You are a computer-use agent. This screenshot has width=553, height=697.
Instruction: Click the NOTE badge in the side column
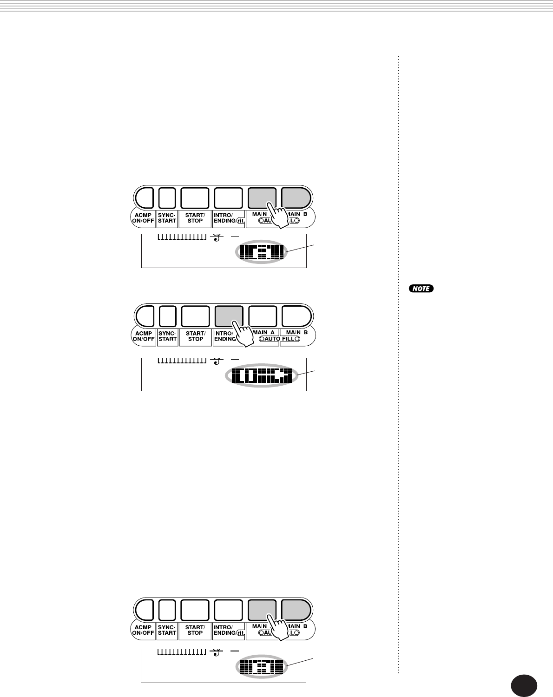[421, 289]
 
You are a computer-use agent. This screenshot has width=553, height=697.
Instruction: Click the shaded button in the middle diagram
[229, 316]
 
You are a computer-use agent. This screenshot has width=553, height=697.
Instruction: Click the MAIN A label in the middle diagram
[263, 332]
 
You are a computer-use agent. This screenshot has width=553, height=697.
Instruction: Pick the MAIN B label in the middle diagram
[296, 332]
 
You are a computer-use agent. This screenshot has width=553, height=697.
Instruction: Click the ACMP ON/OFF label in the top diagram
[143, 218]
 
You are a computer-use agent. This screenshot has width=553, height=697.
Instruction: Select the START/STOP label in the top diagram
[195, 218]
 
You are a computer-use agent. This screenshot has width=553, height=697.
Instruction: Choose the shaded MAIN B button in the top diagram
[296, 198]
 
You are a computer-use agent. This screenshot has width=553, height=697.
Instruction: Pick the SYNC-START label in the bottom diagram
[167, 630]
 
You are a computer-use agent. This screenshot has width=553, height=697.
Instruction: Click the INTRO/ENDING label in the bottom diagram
[225, 630]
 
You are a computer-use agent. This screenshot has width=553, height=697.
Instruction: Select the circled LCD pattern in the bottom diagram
[263, 667]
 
